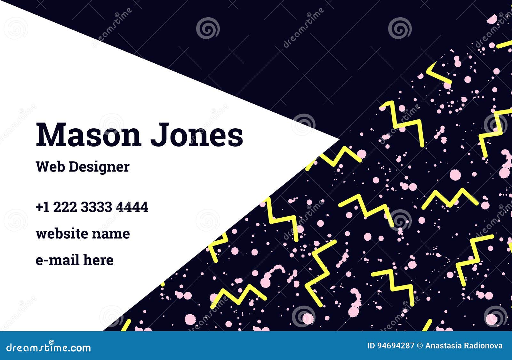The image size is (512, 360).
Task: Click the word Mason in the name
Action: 88,135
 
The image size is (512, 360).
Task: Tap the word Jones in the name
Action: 196,135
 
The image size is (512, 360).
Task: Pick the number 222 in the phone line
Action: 65,207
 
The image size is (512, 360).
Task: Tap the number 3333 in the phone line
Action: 96,207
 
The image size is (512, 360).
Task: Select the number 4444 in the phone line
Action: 132,207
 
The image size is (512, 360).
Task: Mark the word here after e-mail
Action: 98,260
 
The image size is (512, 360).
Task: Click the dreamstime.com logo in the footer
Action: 48,348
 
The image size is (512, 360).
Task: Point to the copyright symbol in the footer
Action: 420,346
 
